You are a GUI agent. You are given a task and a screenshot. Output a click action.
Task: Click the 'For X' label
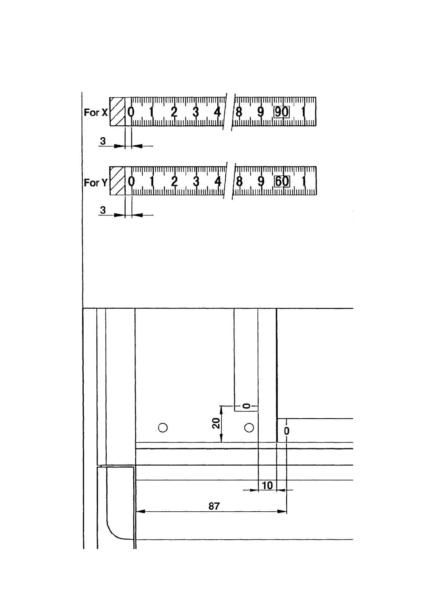[96, 112]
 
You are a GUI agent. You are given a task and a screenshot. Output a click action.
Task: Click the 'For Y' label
[96, 182]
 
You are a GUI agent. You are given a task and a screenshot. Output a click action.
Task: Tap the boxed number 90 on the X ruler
[282, 112]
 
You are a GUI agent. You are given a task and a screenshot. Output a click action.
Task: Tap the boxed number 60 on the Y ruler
[282, 181]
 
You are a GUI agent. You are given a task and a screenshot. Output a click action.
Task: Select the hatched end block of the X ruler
[117, 111]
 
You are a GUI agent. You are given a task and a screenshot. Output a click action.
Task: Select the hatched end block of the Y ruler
[117, 181]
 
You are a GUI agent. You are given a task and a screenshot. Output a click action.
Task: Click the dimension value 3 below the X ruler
[103, 141]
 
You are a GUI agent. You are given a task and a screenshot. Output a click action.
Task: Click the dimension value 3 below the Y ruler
[103, 210]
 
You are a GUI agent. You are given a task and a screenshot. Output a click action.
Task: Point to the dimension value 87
[214, 506]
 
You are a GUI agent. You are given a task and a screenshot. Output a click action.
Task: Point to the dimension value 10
[267, 485]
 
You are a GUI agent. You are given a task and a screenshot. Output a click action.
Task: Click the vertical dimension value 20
[216, 423]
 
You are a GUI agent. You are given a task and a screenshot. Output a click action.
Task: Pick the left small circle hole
[163, 427]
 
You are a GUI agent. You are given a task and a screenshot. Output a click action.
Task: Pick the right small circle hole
[249, 427]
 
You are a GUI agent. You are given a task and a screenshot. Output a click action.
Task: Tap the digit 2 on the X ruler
[174, 111]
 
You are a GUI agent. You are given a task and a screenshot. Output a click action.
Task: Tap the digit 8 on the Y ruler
[239, 181]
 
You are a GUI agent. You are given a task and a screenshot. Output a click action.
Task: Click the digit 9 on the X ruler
[260, 111]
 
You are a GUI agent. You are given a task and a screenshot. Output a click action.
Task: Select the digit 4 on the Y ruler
[218, 181]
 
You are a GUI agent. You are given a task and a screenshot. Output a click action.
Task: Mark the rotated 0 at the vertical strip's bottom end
[247, 406]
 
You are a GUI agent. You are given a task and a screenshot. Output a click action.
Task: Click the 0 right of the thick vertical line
[287, 431]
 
